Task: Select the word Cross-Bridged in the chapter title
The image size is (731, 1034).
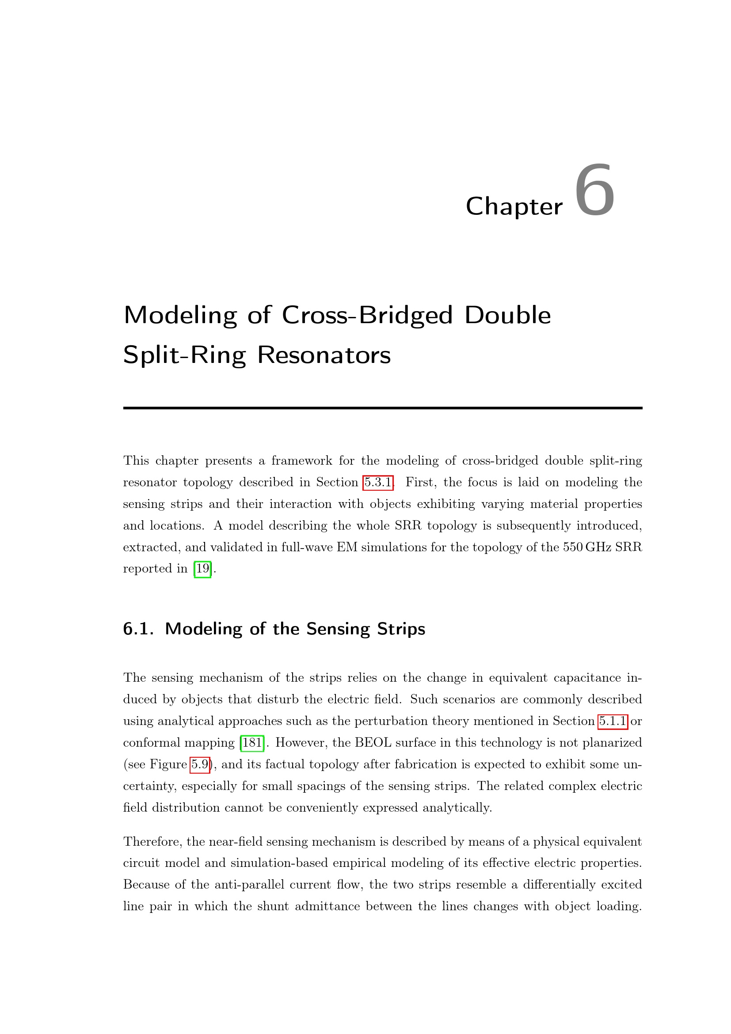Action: [366, 315]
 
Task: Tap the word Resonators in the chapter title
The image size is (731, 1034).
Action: [324, 355]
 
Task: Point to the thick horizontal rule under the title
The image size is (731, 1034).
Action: [383, 408]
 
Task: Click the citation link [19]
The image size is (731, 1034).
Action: [202, 569]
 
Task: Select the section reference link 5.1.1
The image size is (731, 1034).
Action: [613, 721]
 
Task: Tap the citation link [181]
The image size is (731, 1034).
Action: [252, 743]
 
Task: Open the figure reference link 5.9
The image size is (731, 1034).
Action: [200, 764]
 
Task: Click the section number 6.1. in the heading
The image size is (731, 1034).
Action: [138, 629]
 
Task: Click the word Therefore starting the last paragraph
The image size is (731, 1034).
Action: [152, 842]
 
